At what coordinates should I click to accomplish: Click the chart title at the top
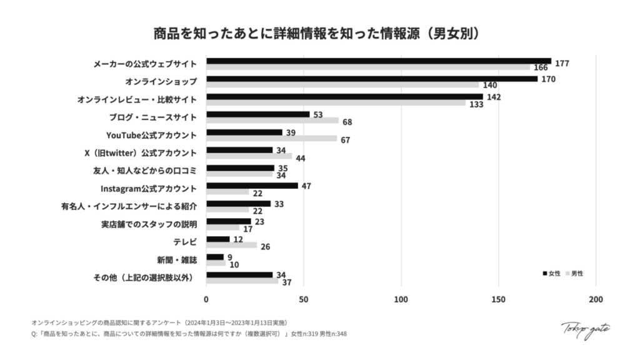319,32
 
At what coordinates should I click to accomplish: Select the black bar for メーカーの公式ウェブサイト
378,61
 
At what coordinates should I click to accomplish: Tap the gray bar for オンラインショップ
342,85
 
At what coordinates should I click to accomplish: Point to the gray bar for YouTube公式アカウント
271,138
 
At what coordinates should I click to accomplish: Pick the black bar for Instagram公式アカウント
252,186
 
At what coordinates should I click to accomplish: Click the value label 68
347,122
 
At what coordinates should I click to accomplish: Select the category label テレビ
185,242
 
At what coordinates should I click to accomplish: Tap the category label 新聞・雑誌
177,260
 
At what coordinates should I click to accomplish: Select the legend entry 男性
575,274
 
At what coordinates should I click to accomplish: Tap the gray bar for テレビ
231,245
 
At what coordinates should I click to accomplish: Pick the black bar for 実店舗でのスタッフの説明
228,221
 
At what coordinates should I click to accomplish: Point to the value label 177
562,64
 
